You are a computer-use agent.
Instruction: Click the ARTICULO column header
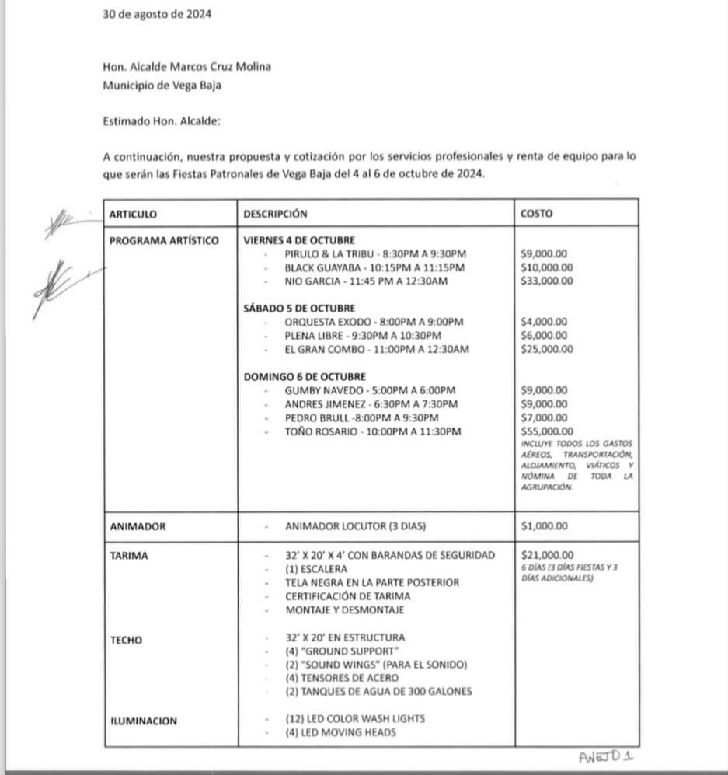click(x=133, y=214)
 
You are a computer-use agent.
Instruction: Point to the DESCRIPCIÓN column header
click(x=275, y=214)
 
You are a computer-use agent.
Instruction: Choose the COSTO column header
click(x=537, y=214)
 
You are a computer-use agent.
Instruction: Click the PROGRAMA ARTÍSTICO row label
click(x=164, y=241)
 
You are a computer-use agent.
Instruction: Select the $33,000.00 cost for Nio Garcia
click(x=547, y=281)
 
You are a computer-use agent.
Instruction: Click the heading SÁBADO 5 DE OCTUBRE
click(x=299, y=309)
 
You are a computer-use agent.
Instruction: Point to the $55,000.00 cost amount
click(x=547, y=431)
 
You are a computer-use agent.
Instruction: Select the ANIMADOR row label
click(x=138, y=526)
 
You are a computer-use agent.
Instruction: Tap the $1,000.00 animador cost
click(x=544, y=526)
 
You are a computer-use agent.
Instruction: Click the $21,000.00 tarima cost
click(x=547, y=555)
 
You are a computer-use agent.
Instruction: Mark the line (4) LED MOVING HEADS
click(x=340, y=732)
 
